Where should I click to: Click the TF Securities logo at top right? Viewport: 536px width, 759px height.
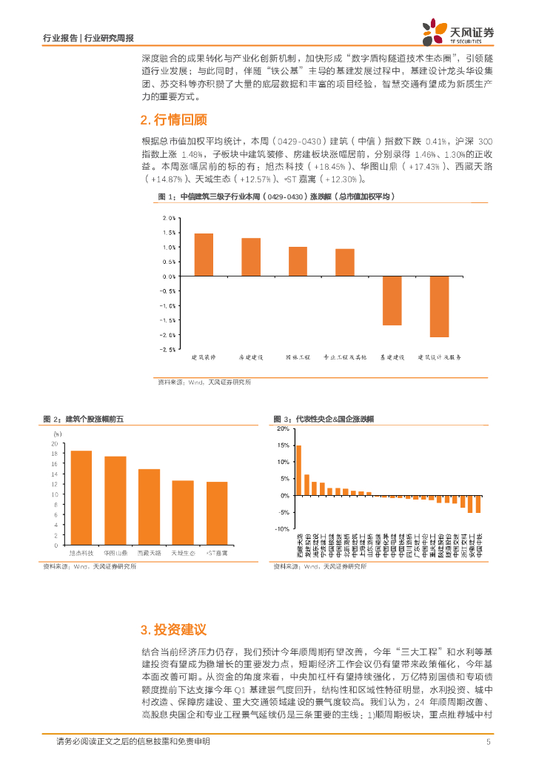(x=458, y=31)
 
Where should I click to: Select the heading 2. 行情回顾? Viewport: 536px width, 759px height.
(x=173, y=119)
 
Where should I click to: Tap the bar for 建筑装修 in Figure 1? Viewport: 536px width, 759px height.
(x=204, y=254)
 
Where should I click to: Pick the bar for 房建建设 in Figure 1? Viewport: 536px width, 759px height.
(x=251, y=256)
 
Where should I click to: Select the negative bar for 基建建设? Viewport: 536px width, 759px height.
(x=392, y=300)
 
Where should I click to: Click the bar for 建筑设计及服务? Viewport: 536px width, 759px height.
(x=439, y=306)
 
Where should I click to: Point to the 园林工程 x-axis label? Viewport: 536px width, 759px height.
(x=298, y=357)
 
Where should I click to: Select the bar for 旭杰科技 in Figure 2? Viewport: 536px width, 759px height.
(x=81, y=497)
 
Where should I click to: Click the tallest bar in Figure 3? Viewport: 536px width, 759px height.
(x=298, y=470)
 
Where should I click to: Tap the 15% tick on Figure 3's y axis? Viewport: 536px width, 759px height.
(x=283, y=445)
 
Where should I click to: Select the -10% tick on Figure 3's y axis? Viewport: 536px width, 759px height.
(x=282, y=529)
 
